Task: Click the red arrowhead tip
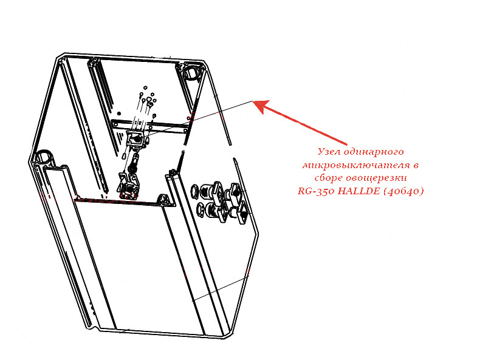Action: point(253,101)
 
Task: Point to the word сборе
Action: point(328,178)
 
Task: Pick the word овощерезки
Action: point(377,178)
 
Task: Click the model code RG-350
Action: point(317,191)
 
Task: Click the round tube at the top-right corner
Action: point(191,73)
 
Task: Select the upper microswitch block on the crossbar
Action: point(136,139)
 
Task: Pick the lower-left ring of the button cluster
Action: point(201,209)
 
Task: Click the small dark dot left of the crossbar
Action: point(119,114)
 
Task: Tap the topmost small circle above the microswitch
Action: point(145,87)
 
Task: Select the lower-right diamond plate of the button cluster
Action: point(242,214)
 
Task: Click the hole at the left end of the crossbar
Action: point(115,124)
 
